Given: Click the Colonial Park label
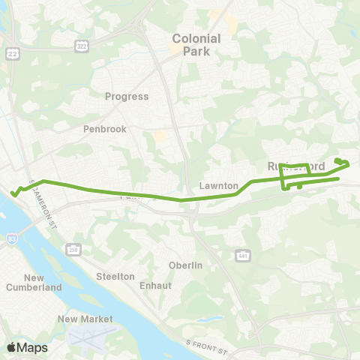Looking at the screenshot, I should click(196, 45).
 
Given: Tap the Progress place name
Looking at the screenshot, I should click(127, 97).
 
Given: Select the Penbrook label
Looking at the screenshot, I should click(104, 129).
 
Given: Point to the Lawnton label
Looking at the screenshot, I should click(219, 185).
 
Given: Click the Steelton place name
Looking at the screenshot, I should click(115, 276).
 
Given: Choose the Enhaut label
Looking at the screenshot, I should click(155, 286).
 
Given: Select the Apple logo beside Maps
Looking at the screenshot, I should click(11, 347).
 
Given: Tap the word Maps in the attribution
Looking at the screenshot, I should click(32, 347).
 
